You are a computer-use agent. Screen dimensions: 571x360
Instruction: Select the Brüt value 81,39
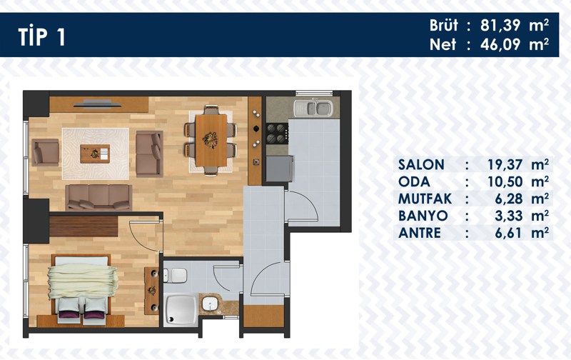(x=500, y=26)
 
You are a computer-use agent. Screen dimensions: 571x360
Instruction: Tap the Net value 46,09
(x=500, y=44)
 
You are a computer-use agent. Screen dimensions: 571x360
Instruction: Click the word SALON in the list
(x=421, y=165)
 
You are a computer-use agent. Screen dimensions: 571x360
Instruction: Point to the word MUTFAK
(x=425, y=199)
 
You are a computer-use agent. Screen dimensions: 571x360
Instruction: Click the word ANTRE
(x=420, y=233)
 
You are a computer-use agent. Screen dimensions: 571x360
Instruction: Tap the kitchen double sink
(x=313, y=109)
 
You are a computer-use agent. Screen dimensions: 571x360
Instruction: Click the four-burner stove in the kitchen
(x=277, y=134)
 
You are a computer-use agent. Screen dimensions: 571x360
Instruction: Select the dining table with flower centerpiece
(x=211, y=140)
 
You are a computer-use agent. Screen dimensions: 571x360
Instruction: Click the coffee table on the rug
(x=95, y=154)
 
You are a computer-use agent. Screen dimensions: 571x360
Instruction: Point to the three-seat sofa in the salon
(x=98, y=197)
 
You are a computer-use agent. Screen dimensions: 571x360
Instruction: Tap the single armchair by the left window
(x=45, y=152)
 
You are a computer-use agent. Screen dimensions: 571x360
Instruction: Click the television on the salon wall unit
(x=97, y=104)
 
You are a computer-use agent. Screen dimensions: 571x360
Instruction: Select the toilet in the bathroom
(x=175, y=276)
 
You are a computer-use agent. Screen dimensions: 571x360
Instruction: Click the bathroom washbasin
(x=210, y=304)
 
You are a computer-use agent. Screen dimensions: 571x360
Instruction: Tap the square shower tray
(x=181, y=310)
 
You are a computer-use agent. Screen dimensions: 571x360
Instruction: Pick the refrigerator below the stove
(x=280, y=169)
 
